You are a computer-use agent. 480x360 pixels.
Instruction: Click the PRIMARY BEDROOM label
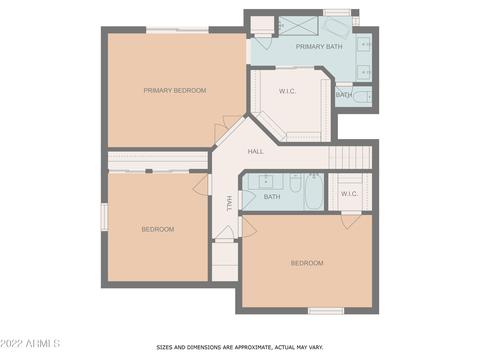coord(175,90)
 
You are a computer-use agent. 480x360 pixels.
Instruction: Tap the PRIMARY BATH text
coord(319,47)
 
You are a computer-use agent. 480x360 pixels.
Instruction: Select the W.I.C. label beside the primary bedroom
coord(287,91)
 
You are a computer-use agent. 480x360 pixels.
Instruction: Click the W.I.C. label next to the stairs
coord(349,194)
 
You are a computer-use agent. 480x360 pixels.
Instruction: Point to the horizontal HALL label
coord(256,151)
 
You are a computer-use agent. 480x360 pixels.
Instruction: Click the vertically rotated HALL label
coord(229,203)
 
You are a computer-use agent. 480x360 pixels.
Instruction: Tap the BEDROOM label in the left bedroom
coord(158,229)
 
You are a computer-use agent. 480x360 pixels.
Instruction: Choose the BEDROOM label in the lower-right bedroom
coord(307,263)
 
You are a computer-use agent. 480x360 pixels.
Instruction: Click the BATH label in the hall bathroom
coord(272,197)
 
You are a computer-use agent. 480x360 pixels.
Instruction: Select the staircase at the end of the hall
coord(350,157)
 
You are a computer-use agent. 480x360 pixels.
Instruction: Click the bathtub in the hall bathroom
coord(313,192)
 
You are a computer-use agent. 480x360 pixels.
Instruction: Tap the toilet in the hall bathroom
coord(295,183)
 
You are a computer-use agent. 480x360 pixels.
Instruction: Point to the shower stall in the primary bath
coord(298,25)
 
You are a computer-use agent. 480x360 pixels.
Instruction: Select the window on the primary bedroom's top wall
coord(178,30)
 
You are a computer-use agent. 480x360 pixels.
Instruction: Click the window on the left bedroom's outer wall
coord(104,217)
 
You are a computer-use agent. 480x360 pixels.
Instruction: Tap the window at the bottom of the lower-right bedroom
coord(326,311)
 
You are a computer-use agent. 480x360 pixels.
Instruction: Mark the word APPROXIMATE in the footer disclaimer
coord(253,347)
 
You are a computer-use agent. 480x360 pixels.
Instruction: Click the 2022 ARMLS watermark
coord(30,343)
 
